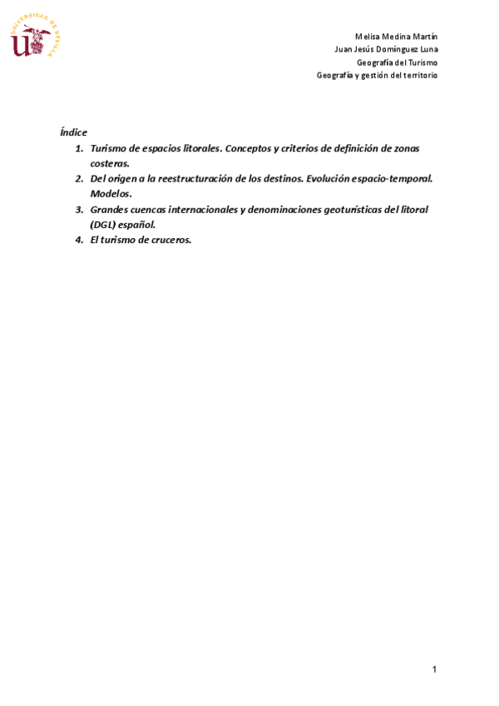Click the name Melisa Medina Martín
(x=396, y=36)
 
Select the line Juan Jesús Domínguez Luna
(x=385, y=49)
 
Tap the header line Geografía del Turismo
(x=397, y=62)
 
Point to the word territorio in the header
(x=418, y=76)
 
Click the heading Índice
(x=73, y=132)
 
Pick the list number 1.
(x=79, y=148)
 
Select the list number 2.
(x=79, y=178)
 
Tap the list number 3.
(x=79, y=209)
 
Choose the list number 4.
(x=79, y=240)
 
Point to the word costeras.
(x=110, y=163)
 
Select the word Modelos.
(x=111, y=194)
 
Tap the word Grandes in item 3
(x=110, y=209)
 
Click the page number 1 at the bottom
(x=434, y=669)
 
